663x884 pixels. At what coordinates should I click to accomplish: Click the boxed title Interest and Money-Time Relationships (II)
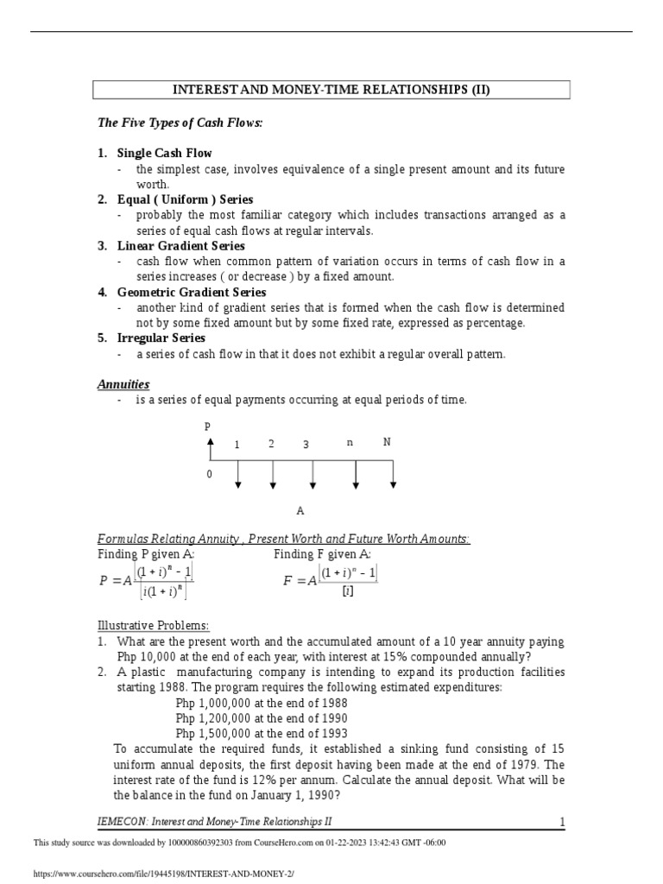(331, 90)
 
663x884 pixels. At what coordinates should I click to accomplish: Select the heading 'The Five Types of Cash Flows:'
(180, 123)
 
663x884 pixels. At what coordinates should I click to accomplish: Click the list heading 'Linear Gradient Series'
(182, 246)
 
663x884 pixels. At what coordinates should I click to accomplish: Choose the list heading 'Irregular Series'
(161, 338)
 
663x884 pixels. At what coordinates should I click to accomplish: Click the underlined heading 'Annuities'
(123, 384)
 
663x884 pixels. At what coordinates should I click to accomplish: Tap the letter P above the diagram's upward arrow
(207, 426)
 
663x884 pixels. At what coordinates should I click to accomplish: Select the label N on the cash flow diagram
(387, 442)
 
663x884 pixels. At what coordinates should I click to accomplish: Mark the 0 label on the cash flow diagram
(208, 475)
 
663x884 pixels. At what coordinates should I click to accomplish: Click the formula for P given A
(147, 581)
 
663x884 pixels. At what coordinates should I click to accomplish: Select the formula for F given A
(331, 581)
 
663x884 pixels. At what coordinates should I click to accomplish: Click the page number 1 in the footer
(562, 822)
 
